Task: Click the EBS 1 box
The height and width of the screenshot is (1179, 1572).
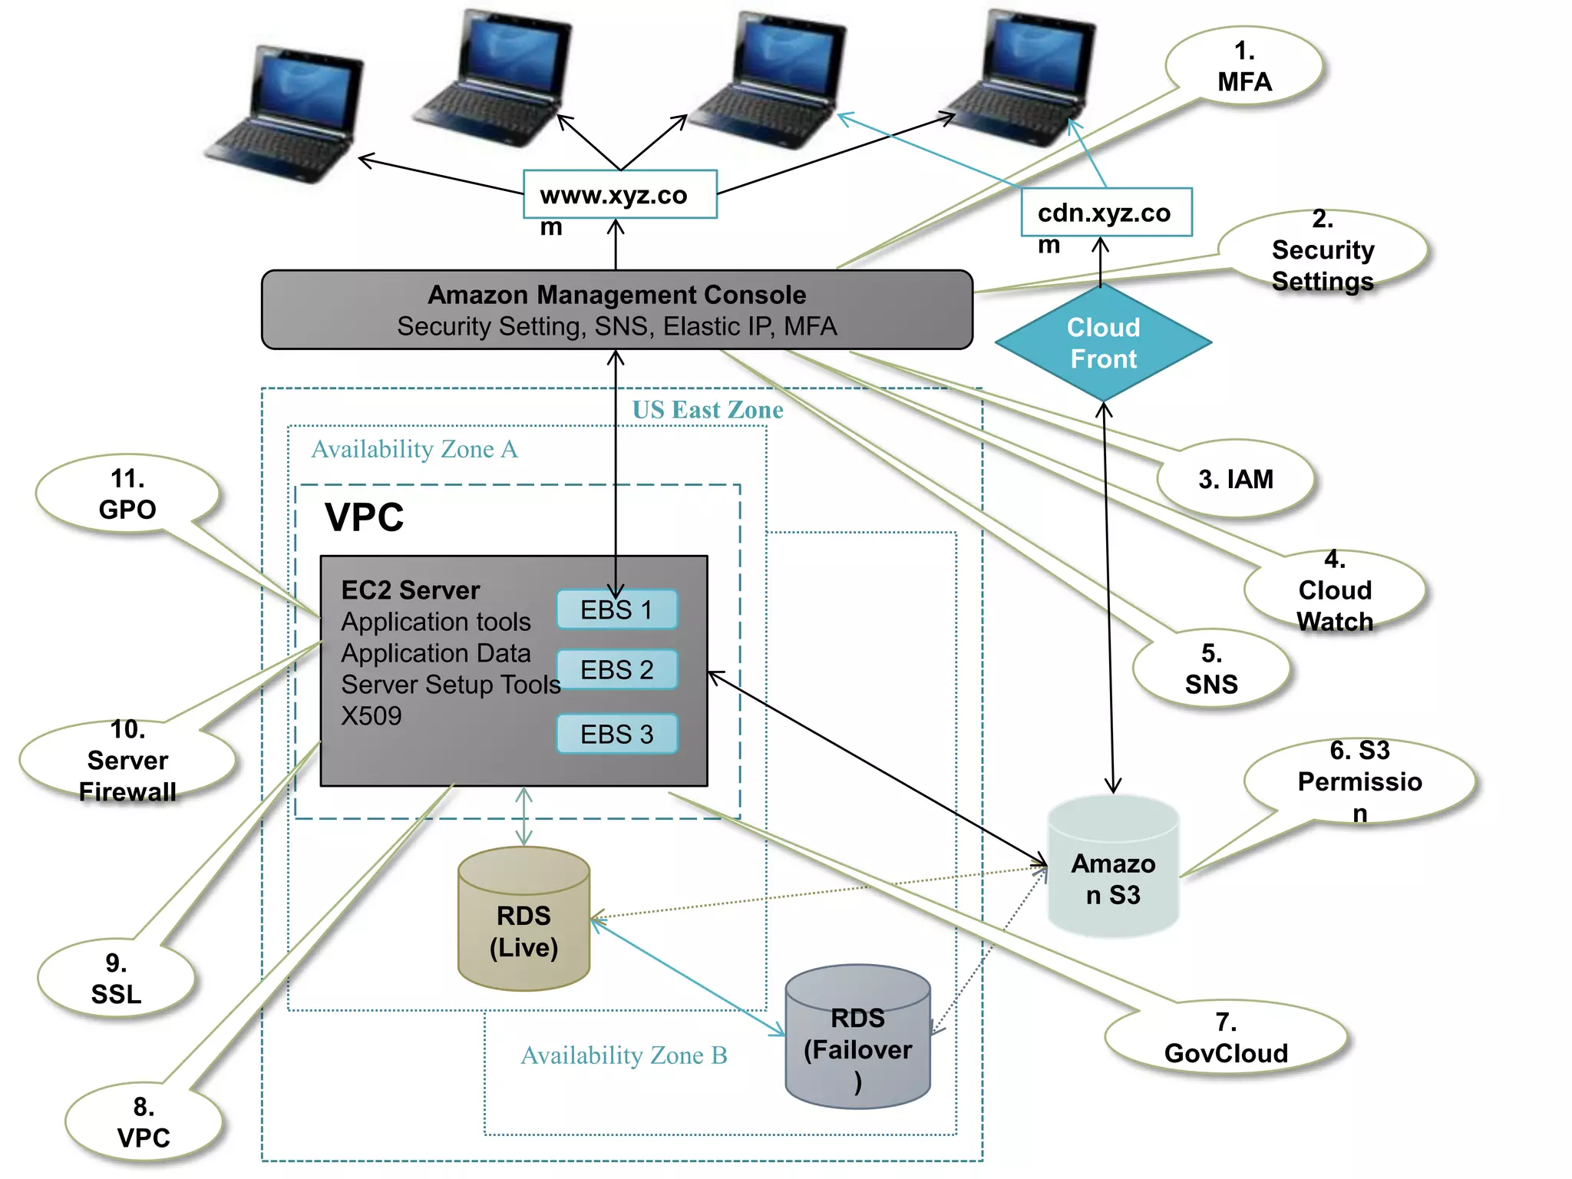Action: point(616,609)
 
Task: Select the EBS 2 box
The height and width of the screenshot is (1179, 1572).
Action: point(616,669)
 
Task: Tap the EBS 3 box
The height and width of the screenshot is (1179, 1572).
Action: point(616,734)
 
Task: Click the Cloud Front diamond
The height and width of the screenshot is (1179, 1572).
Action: point(1103,343)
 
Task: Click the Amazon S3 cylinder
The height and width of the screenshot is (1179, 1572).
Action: point(1113,867)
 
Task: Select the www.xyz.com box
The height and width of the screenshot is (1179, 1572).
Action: point(619,195)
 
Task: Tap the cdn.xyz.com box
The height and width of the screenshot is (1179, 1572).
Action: point(1106,213)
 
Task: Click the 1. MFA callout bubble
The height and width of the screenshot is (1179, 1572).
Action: point(1244,67)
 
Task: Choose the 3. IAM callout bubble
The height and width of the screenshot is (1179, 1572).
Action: point(1235,479)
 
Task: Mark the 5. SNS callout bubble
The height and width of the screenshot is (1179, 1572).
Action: point(1211,669)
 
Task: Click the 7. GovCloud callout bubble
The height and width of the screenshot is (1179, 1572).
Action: point(1226,1038)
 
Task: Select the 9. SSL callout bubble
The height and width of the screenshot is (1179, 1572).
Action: point(116,979)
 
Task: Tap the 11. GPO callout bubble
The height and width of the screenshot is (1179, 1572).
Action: point(127,494)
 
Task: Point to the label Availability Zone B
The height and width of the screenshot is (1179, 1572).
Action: point(624,1055)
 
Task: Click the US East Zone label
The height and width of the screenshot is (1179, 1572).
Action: point(707,410)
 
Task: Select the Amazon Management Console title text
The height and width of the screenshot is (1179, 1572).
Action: point(617,295)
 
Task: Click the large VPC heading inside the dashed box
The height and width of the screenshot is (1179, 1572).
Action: point(364,517)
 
